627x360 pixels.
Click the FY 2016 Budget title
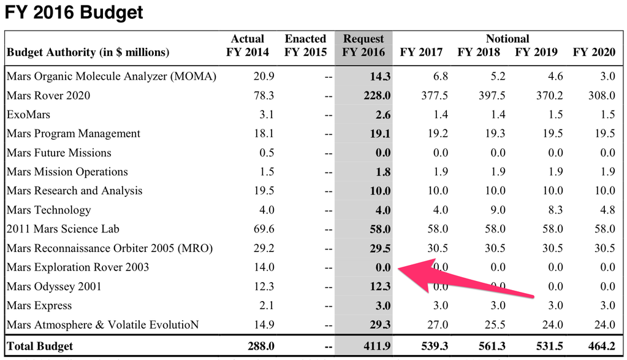[x=74, y=12]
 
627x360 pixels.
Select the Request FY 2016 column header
[x=363, y=46]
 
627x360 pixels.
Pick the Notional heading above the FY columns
[x=507, y=39]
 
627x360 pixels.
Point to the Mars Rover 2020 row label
[x=48, y=95]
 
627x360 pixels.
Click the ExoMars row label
[x=28, y=115]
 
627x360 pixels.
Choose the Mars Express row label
[x=39, y=305]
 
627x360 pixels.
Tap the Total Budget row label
[x=40, y=346]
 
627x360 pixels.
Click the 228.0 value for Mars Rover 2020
[x=376, y=96]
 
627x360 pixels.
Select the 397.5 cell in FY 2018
[x=492, y=96]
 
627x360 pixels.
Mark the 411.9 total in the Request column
[x=376, y=347]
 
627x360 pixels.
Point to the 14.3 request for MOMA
[x=379, y=77]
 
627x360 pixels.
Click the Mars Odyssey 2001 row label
[x=54, y=286]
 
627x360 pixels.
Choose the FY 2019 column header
[x=536, y=53]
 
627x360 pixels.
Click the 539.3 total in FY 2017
[x=434, y=347]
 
